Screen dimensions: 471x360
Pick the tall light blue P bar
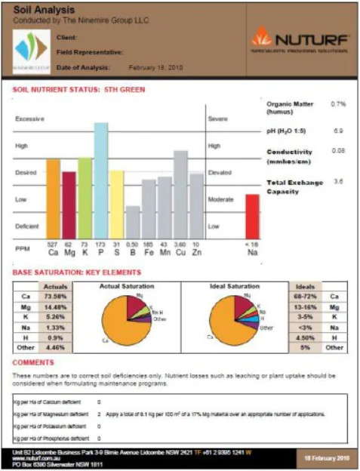[100, 180]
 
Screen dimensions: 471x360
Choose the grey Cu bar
[180, 195]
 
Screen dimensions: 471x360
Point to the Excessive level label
[29, 119]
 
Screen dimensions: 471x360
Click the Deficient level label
[27, 226]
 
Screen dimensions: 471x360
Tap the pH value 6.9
[339, 131]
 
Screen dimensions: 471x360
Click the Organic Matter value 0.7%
[338, 102]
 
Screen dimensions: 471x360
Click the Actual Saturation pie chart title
[127, 286]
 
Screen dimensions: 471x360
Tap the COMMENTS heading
[33, 362]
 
